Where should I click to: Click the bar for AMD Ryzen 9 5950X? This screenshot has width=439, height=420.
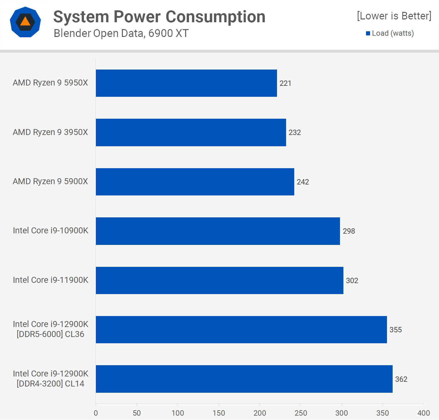186,83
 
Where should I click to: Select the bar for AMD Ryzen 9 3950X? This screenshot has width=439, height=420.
191,132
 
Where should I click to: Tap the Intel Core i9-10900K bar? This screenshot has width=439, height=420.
218,231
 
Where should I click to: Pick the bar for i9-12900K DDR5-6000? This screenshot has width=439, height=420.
241,329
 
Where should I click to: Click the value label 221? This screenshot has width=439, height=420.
285,83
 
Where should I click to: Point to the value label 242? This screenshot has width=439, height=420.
303,182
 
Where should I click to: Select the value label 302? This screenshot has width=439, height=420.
352,281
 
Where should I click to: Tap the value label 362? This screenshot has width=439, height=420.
401,379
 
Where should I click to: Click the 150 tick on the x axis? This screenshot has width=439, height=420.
219,413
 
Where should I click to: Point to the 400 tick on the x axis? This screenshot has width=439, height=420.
423,413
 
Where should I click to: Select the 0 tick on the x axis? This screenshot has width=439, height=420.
96,413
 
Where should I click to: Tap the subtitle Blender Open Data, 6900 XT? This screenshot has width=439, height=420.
121,33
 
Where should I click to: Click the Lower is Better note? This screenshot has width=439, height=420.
394,16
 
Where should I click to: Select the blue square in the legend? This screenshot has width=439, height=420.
368,34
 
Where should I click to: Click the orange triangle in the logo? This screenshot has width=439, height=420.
25,22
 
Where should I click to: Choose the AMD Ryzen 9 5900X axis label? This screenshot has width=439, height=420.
50,181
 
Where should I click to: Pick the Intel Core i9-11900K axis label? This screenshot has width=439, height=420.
50,280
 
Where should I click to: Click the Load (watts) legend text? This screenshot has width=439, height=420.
393,33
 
